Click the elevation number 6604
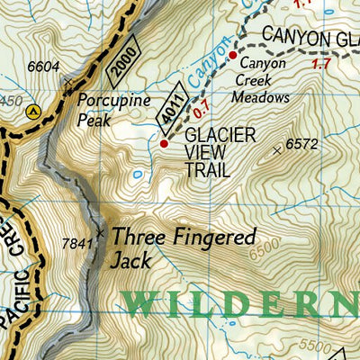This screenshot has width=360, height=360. (x=43, y=66)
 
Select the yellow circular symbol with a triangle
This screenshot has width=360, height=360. (x=34, y=112)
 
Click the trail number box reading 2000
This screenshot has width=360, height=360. (x=122, y=59)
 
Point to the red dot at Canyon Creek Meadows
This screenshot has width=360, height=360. (x=232, y=56)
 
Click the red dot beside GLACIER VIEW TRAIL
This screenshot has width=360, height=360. (x=164, y=142)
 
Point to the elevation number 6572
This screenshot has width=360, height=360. (x=302, y=143)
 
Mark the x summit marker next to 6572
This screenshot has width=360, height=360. (x=276, y=150)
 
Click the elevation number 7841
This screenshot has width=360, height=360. (x=77, y=243)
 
